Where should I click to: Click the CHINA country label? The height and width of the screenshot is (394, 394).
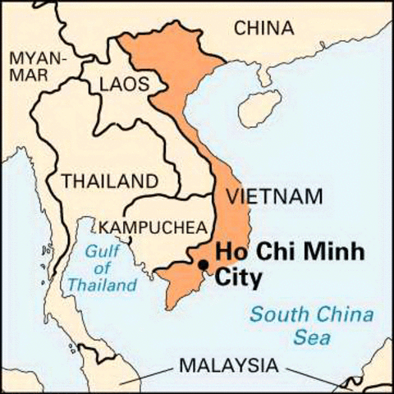(264, 28)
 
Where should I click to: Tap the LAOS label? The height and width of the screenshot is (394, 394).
(124, 83)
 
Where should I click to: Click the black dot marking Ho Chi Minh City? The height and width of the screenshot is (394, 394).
(203, 263)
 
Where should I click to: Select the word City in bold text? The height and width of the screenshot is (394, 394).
(238, 278)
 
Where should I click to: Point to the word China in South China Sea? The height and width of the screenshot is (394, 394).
(335, 314)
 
